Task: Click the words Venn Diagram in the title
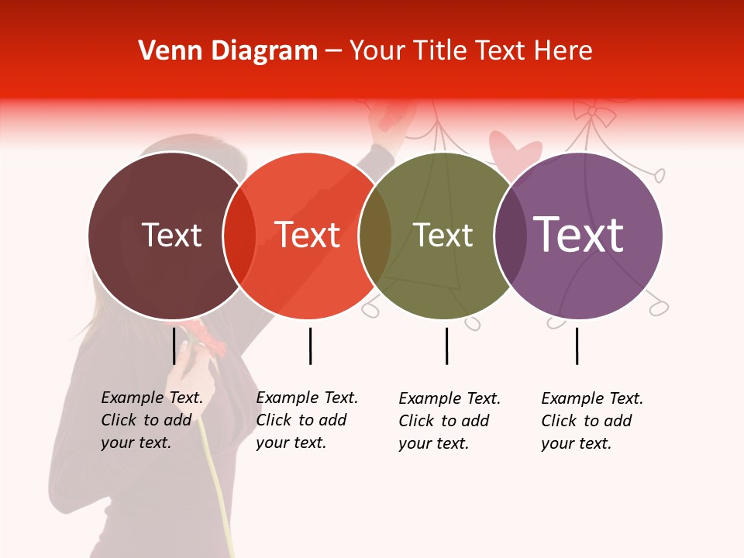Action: coord(228,50)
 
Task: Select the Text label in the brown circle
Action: coord(171,235)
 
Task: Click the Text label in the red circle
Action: coord(308,235)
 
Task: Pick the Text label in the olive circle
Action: coord(443,235)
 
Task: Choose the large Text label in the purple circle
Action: coord(578,234)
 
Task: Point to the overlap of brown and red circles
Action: coord(239,236)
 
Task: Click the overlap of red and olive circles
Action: coord(375,236)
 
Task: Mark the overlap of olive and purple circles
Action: coord(510,236)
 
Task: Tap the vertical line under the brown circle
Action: coord(174,346)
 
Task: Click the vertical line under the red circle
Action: coord(310,346)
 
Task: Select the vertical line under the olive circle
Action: coord(446,346)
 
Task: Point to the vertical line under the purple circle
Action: coord(577,346)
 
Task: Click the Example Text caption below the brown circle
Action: coord(151,420)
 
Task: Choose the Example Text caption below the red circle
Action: coord(306,420)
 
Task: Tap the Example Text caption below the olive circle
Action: coord(449,421)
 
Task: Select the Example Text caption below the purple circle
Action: coord(591,421)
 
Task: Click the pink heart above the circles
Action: coord(514,149)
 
